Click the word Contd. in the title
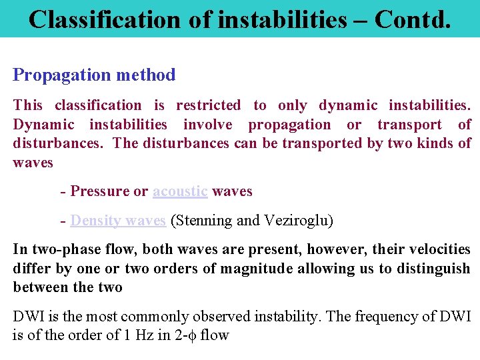(x=413, y=19)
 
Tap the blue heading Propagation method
(x=94, y=75)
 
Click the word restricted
(x=208, y=105)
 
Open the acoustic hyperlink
(x=180, y=191)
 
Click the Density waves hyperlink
(x=118, y=220)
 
